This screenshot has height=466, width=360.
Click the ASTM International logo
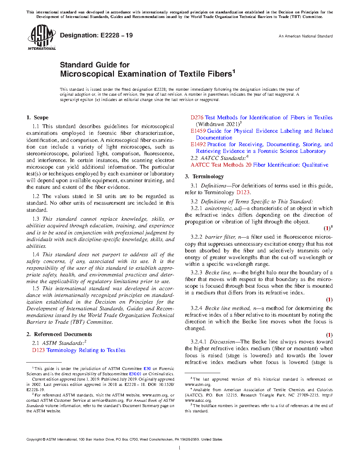coord(41,37)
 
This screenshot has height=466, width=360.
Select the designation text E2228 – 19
coord(116,35)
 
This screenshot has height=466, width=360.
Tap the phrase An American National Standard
coord(305,36)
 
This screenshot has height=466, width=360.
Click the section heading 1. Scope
coord(37,118)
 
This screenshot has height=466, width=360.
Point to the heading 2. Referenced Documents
coord(59,334)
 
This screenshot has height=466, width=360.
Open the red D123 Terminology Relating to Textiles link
coord(79,350)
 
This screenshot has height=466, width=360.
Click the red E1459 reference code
coord(198,131)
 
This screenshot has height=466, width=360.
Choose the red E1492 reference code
coord(198,144)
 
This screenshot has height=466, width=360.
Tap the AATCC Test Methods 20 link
coord(259,165)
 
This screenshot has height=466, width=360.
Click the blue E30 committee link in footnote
coord(147,369)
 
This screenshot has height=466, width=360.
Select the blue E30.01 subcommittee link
coord(135,374)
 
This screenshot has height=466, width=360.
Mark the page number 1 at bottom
coord(180,448)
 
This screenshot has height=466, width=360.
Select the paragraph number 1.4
coord(36,255)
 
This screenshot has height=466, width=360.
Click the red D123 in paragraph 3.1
coord(243,192)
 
